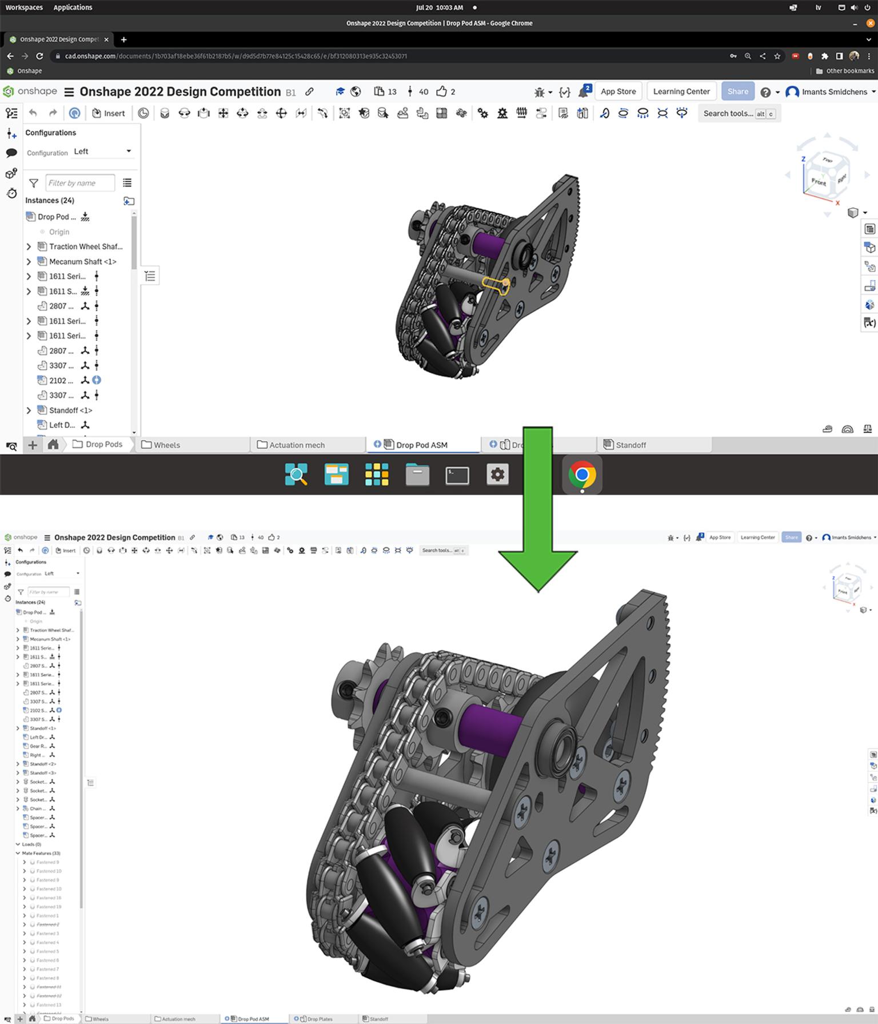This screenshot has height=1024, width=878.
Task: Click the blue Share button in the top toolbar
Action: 737,91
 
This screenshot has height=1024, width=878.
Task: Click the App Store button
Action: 618,91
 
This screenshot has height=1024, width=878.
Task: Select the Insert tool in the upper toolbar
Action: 109,113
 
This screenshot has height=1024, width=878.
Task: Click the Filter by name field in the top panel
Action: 79,183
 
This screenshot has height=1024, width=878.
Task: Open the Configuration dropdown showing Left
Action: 103,152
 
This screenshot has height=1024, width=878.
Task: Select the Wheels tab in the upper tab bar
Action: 166,445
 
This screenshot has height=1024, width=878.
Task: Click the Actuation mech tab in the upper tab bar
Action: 297,445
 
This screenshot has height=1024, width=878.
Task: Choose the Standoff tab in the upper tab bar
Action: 630,445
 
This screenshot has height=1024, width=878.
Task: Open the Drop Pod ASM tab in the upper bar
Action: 421,445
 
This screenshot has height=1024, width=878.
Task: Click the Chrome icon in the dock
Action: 582,475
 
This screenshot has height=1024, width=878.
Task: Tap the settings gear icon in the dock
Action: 497,475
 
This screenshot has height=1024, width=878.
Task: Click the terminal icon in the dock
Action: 457,475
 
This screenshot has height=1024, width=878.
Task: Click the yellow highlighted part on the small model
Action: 495,284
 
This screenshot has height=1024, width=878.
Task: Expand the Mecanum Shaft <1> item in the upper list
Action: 29,261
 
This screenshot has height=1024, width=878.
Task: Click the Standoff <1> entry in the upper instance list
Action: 70,411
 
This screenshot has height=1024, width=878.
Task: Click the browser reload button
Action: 39,56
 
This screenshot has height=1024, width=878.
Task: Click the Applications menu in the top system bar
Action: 73,7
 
